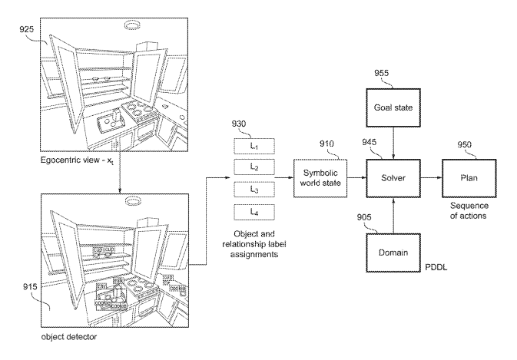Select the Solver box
click(394, 177)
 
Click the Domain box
click(394, 253)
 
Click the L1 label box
click(243, 145)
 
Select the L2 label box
click(243, 167)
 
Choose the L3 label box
click(243, 188)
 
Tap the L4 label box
click(243, 210)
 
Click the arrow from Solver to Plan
click(430, 177)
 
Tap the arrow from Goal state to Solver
click(394, 142)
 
